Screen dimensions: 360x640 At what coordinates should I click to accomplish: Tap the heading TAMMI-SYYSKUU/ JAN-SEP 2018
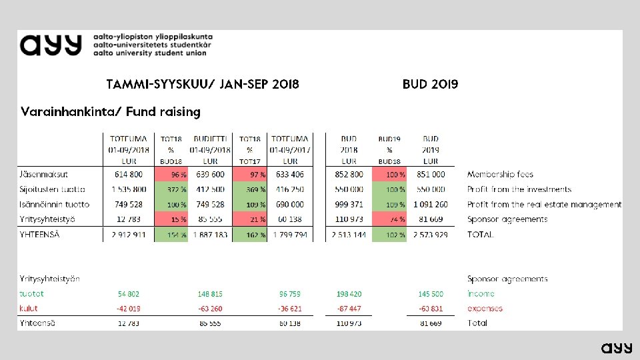(203, 85)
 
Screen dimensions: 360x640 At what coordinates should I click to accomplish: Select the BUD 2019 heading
(430, 85)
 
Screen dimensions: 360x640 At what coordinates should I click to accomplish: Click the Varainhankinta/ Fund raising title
(111, 112)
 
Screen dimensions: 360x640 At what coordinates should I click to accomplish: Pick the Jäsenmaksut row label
(43, 175)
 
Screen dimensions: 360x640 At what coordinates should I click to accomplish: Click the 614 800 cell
(129, 175)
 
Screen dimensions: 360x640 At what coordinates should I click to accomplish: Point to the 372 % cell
(171, 190)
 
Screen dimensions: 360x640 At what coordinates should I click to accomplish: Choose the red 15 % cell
(171, 219)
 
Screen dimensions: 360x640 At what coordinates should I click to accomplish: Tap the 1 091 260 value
(431, 205)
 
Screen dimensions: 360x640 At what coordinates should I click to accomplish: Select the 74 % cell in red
(389, 219)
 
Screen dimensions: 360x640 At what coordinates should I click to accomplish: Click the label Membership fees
(500, 175)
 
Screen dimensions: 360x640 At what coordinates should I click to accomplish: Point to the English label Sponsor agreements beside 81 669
(507, 219)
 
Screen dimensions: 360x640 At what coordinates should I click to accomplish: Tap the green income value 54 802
(128, 294)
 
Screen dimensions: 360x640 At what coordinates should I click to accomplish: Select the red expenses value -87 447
(349, 309)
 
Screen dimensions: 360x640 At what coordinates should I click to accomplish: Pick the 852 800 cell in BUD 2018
(349, 175)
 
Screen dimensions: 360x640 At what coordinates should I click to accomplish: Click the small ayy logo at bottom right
(617, 347)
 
